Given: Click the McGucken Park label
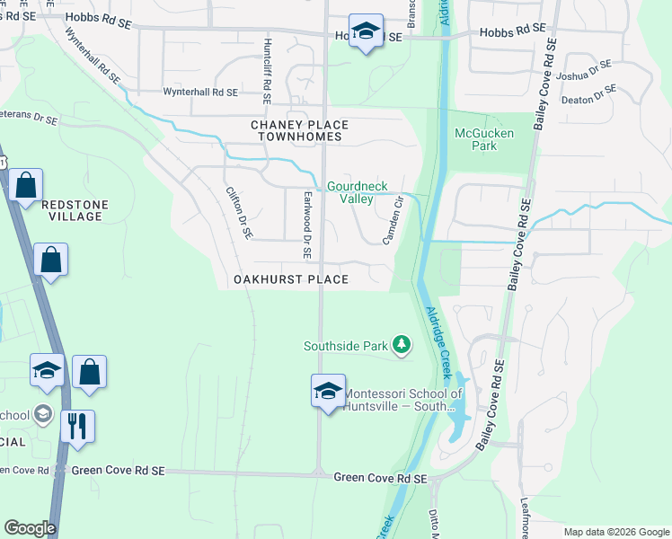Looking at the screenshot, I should [484, 138].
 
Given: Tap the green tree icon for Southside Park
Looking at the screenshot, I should [402, 345].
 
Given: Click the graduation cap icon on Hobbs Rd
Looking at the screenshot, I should [366, 32].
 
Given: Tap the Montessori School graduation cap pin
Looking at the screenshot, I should [328, 392].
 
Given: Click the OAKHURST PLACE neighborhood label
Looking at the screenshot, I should [290, 279].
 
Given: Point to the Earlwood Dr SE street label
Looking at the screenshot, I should [306, 225].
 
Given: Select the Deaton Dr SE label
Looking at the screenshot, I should [589, 94].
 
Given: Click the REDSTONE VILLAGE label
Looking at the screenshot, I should [75, 211].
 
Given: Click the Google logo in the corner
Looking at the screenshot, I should [30, 528].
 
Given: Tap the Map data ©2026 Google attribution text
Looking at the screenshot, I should [615, 532].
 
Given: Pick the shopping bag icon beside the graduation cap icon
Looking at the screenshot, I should [90, 373].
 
